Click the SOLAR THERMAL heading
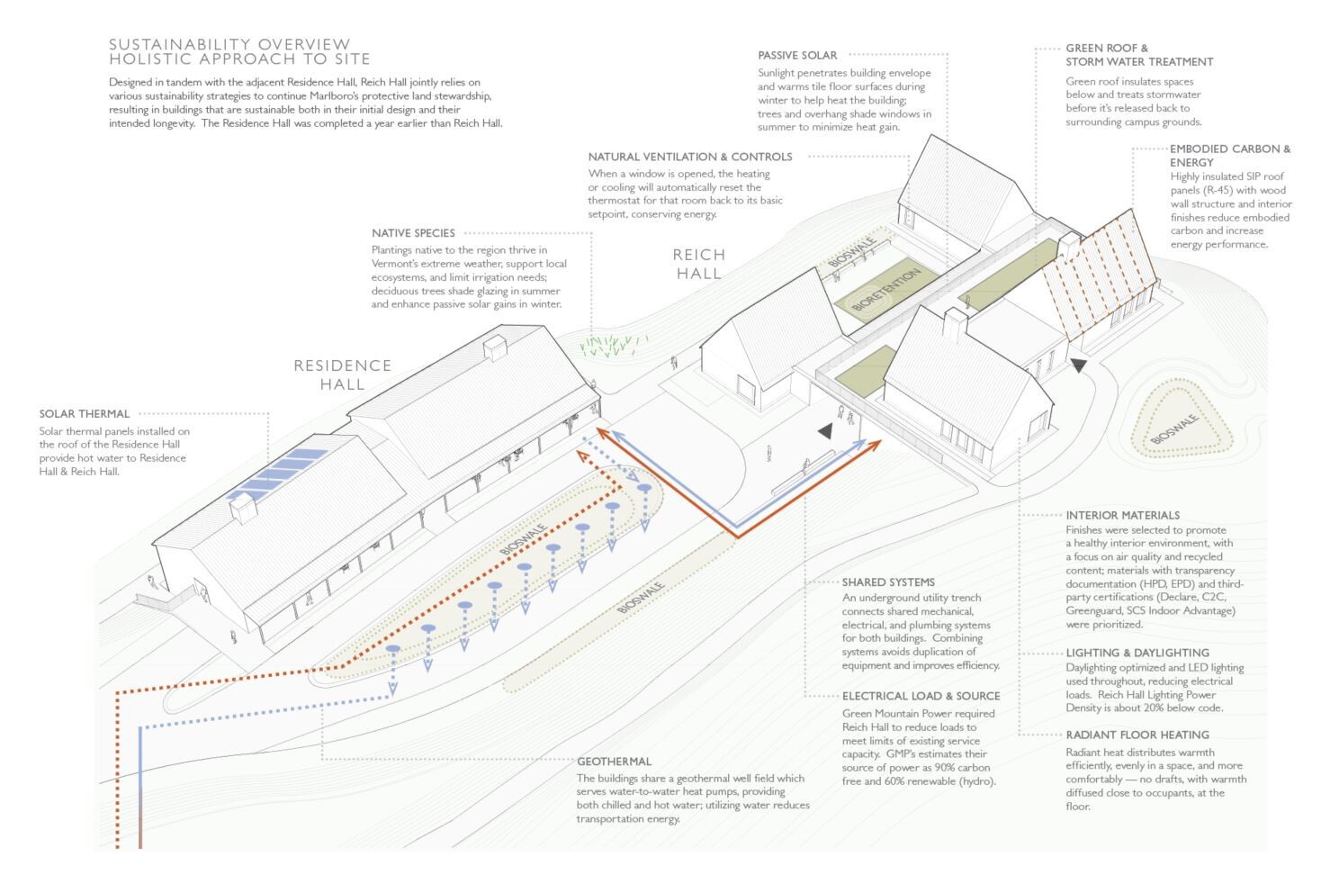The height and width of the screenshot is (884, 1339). coord(85,414)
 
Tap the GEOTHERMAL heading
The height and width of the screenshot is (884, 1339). coord(614,762)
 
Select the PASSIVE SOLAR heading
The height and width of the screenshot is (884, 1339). coord(797,56)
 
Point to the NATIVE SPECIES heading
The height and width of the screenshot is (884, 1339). coord(413,233)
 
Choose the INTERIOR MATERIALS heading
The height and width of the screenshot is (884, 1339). coord(1122,516)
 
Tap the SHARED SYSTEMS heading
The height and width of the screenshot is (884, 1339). coord(888,582)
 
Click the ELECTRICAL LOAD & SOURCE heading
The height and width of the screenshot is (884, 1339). coord(921,696)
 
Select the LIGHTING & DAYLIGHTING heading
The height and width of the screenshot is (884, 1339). coord(1137,653)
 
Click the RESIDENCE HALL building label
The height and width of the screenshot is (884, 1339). coord(342,374)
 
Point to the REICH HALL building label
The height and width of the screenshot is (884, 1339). coord(699,264)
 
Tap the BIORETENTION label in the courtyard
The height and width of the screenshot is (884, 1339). coord(886,291)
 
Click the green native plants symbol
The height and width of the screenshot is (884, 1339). coord(614,344)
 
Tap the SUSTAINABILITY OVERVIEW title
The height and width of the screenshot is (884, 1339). coord(229,44)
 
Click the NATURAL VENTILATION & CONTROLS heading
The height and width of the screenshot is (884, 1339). coord(690,157)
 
